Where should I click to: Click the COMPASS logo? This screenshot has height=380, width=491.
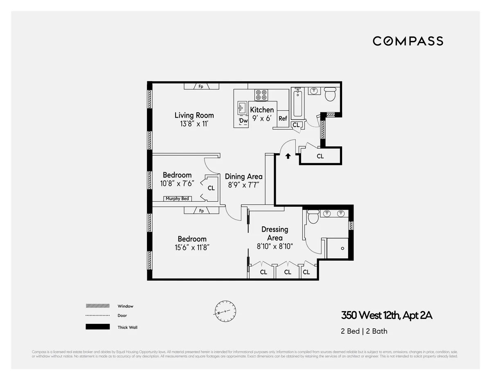[408, 41]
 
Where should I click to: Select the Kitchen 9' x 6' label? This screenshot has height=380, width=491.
[262, 114]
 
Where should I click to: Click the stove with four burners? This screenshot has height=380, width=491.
[261, 95]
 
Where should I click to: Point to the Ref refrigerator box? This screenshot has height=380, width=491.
[283, 118]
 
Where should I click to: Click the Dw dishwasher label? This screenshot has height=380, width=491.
[243, 121]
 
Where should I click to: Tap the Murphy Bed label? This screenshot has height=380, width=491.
[177, 199]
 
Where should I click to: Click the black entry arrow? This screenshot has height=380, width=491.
[288, 156]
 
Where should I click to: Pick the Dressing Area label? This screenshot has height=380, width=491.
[275, 234]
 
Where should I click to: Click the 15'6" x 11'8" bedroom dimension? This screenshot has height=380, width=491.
[192, 247]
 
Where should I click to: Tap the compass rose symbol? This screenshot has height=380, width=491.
[225, 312]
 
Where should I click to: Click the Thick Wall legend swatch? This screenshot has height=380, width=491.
[97, 327]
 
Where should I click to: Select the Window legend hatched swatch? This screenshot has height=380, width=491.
[97, 306]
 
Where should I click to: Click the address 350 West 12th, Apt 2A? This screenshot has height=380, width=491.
[387, 315]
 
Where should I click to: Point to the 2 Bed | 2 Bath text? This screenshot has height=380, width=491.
[364, 331]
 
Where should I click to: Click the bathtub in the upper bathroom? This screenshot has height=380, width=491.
[297, 103]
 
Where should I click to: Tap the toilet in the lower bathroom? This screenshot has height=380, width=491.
[313, 216]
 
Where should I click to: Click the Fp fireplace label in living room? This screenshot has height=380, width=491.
[201, 86]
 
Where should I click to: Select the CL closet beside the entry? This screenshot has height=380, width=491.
[320, 156]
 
